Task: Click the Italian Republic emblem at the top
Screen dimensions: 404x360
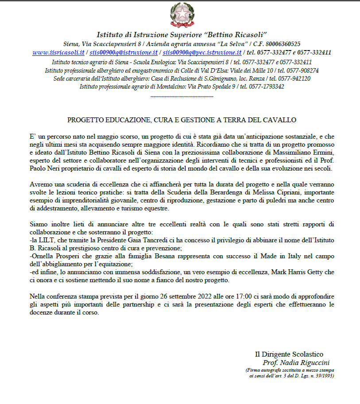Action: (x=181, y=15)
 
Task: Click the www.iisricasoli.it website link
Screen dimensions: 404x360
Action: (x=58, y=52)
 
